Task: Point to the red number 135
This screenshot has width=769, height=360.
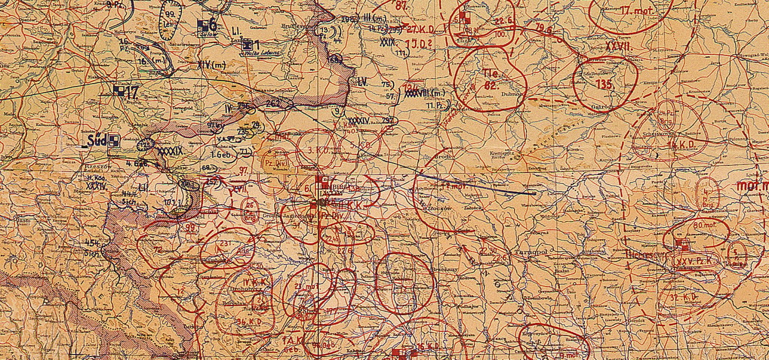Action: coord(603,84)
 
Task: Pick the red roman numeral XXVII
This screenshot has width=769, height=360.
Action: coord(619,47)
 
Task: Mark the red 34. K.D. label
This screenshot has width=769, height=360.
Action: coord(250,321)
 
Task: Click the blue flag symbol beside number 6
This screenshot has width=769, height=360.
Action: coord(204,25)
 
